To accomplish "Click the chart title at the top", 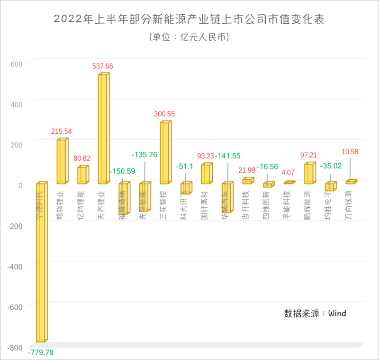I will click(x=189, y=19).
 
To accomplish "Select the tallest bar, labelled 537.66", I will click(x=103, y=129).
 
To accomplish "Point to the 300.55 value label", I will click(x=164, y=114).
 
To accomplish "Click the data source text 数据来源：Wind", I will click(x=315, y=313).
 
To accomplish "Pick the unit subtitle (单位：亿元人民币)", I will click(x=189, y=37).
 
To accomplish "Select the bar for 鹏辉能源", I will click(x=309, y=174).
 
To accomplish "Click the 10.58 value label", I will click(x=350, y=152).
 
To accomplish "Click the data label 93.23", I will click(x=206, y=156).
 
